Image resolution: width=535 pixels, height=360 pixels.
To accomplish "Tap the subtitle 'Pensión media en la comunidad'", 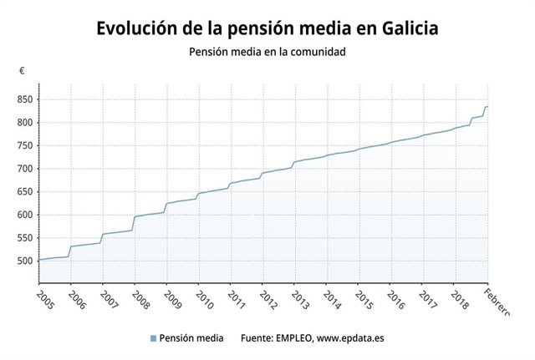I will [x=267, y=52].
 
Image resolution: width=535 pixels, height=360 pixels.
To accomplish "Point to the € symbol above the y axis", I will [x=22, y=71].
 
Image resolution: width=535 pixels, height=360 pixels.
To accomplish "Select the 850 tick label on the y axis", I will [x=23, y=99].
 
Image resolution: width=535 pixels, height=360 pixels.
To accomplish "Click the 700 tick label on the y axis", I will [x=23, y=169].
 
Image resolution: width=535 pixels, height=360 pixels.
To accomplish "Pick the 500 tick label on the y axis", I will [x=23, y=261].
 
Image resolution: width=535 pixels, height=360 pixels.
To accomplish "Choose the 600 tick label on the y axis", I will [x=23, y=215].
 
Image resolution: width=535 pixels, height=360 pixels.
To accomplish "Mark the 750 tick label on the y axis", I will [x=23, y=145].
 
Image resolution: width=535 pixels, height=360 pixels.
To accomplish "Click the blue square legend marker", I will [x=153, y=338].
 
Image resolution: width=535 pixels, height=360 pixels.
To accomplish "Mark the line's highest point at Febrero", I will [x=488, y=107].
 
